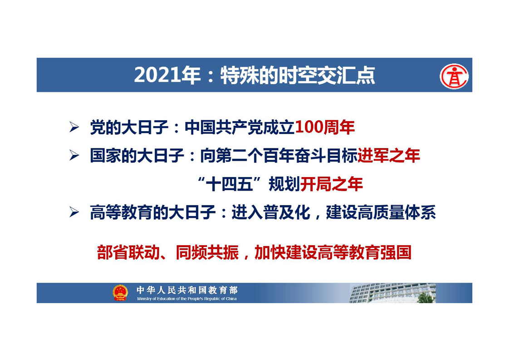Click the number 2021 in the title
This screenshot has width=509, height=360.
[x=157, y=75]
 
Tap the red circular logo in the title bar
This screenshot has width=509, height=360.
[x=454, y=76]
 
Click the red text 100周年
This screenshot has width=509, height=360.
[x=325, y=128]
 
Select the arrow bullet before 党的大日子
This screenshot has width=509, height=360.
[x=74, y=127]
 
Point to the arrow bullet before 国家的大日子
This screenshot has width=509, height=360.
[x=74, y=156]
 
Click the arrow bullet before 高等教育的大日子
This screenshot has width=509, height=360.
[x=74, y=212]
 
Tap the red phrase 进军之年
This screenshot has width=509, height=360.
[x=389, y=156]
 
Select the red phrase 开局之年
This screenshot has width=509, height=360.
[x=332, y=184]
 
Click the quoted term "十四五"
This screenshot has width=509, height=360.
[x=230, y=184]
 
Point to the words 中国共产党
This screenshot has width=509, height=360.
[x=224, y=128]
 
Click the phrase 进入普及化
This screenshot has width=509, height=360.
[x=271, y=213]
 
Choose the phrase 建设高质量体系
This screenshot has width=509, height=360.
[x=381, y=213]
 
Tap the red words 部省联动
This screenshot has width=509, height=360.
[x=128, y=252]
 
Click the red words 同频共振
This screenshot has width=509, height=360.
[x=207, y=252]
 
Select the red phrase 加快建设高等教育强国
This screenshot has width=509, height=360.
[x=333, y=252]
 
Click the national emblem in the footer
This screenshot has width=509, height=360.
[x=120, y=292]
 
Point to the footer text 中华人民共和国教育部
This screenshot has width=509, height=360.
[x=187, y=290]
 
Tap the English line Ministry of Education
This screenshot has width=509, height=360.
[x=187, y=299]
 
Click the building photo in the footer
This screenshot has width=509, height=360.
[x=392, y=293]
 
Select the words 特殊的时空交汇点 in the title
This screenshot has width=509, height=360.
[x=298, y=75]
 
